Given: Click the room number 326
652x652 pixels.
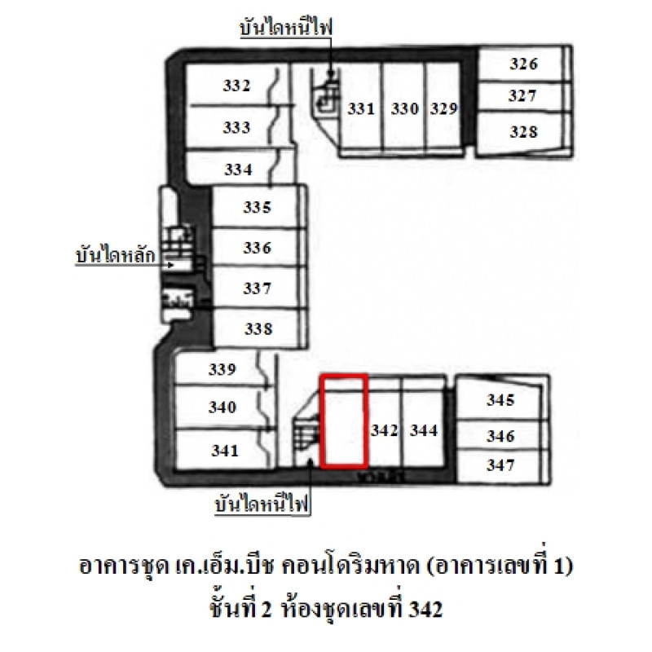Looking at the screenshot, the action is (x=524, y=64).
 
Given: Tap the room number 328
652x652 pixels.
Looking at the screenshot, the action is (x=524, y=132).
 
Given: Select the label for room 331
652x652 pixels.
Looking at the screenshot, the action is (x=361, y=108).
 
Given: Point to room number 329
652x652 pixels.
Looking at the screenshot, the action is (x=443, y=108).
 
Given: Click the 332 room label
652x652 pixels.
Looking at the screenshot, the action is (x=236, y=86).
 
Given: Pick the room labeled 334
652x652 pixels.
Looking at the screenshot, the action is (x=238, y=170).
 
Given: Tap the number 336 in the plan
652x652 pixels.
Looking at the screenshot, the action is (x=257, y=248).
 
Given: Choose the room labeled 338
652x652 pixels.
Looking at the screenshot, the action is (x=258, y=328).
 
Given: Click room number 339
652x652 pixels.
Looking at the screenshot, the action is (x=222, y=369).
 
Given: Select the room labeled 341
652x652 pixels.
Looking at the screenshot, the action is (x=225, y=451).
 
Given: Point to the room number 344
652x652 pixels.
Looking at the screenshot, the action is (x=424, y=430).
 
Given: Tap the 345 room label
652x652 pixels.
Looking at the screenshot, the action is (x=500, y=399).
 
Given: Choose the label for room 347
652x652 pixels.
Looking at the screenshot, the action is (x=500, y=465).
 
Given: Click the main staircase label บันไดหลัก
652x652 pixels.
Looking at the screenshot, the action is (x=115, y=254).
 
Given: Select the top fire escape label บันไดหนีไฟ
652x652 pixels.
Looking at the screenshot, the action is (x=286, y=27).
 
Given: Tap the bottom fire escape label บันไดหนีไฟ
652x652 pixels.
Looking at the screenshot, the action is (x=262, y=504).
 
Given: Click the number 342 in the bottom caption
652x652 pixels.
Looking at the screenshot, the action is (x=425, y=610).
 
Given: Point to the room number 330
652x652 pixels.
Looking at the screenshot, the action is (x=404, y=108).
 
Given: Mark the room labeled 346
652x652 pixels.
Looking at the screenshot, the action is (x=500, y=436).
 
